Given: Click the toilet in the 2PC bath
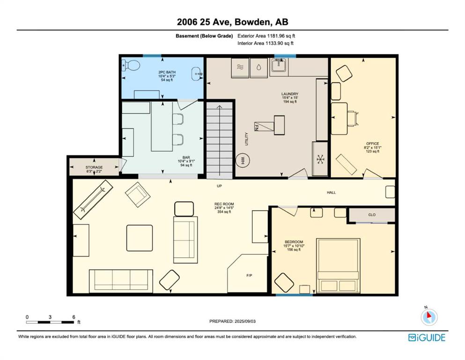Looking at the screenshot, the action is (x=131, y=65).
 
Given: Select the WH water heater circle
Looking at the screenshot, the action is (x=243, y=161).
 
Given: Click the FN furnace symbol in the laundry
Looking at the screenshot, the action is (x=263, y=126).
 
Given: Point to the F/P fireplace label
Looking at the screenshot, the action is (x=249, y=276).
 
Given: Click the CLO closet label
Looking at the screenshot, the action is (x=372, y=215).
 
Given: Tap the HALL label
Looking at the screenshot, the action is (x=331, y=193).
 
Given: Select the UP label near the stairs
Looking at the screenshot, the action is (x=219, y=186).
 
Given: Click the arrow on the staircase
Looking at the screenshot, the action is (x=220, y=140).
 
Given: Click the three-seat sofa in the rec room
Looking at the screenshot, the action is (x=121, y=280).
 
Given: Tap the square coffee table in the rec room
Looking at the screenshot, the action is (x=140, y=238).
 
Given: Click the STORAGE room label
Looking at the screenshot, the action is (x=94, y=167).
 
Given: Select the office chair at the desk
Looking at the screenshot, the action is (x=353, y=118).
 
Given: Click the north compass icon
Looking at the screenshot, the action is (x=429, y=317).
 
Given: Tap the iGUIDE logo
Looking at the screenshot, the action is (x=427, y=338).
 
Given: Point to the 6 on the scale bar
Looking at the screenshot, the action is (x=74, y=317).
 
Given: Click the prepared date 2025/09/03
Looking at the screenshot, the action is (x=245, y=321).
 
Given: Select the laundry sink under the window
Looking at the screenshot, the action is (x=279, y=66).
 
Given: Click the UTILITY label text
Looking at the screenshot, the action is (x=246, y=139).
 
